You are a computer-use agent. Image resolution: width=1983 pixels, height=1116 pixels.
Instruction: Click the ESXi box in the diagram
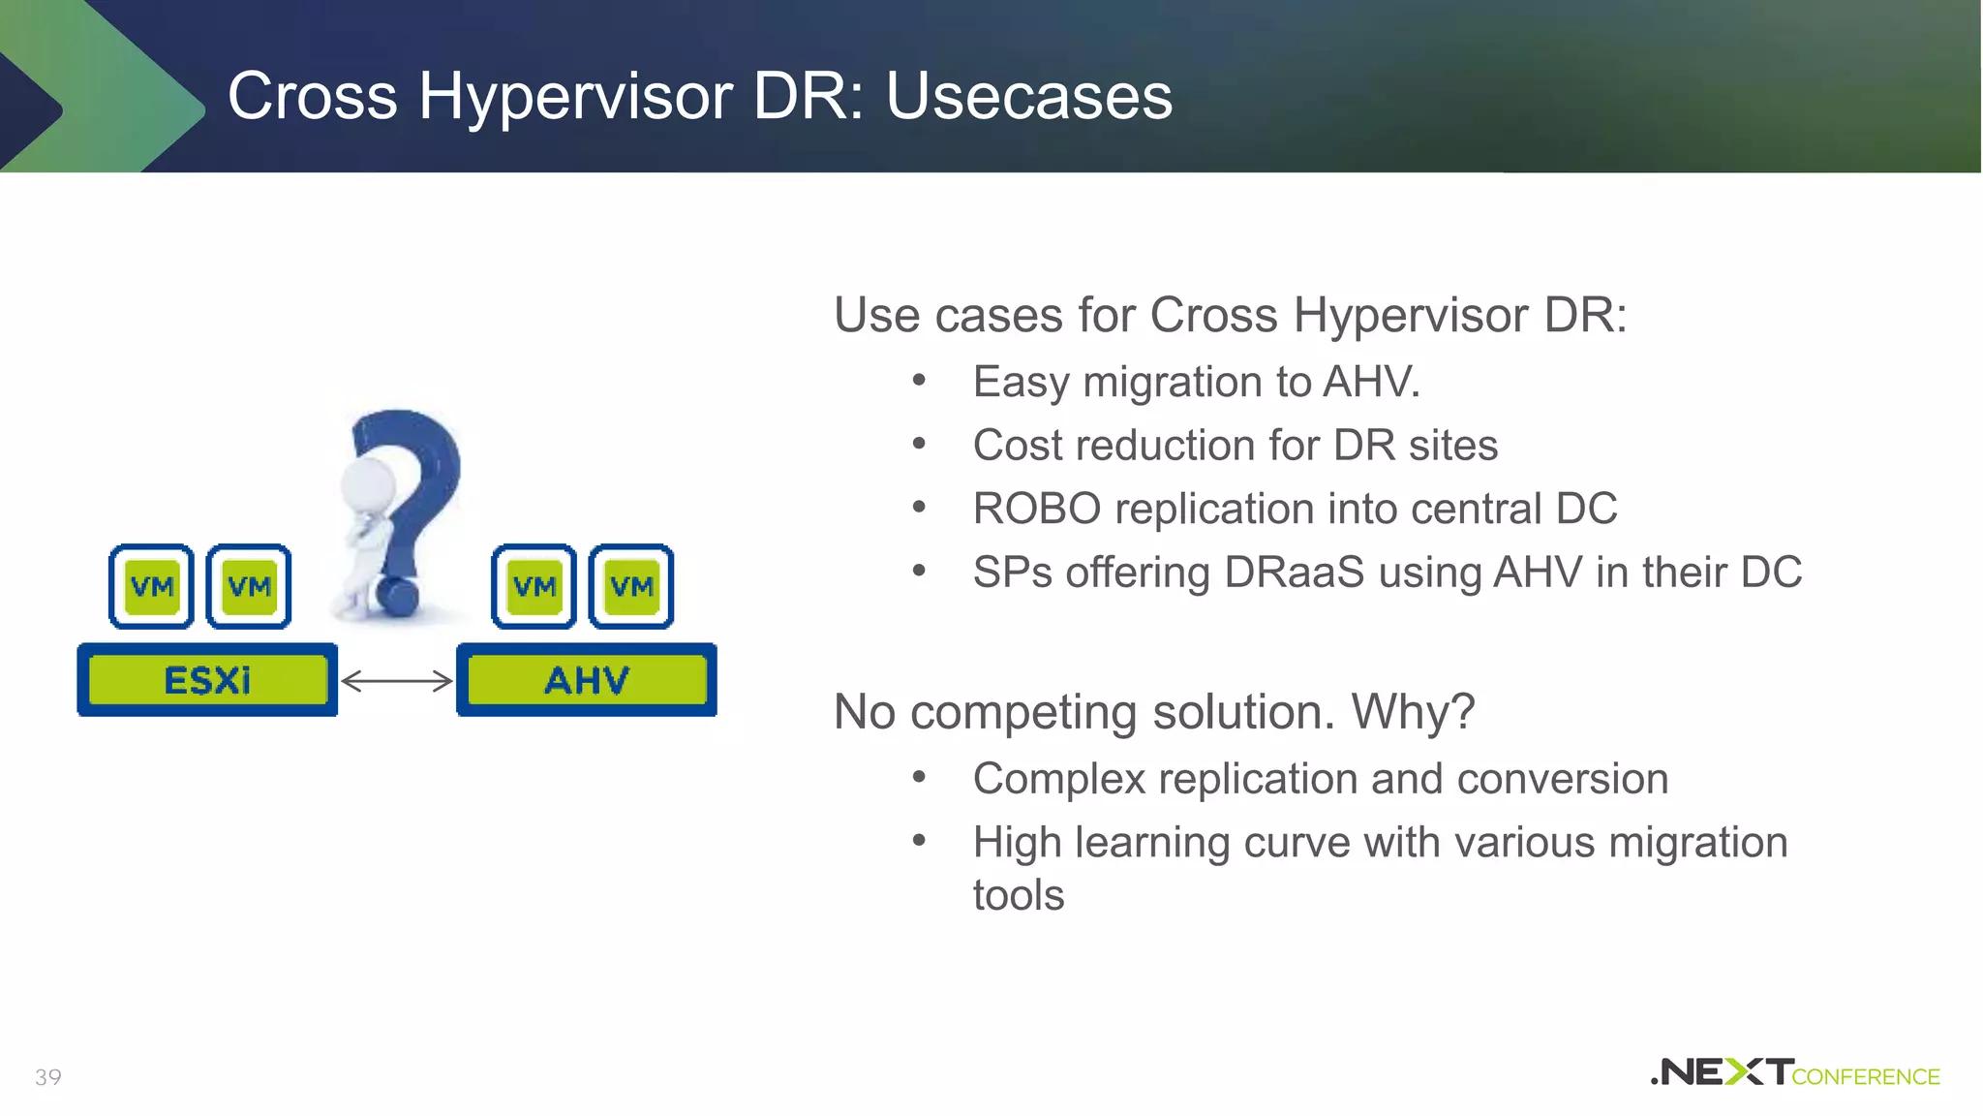pyautogui.click(x=207, y=680)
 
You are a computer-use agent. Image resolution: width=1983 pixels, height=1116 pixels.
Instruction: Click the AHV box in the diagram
pyautogui.click(x=587, y=680)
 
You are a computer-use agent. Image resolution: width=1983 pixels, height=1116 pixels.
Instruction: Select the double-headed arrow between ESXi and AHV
pyautogui.click(x=397, y=681)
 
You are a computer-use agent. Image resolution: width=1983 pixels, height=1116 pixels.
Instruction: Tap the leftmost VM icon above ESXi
pyautogui.click(x=152, y=586)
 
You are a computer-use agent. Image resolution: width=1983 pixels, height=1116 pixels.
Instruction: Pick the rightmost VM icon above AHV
pyautogui.click(x=631, y=586)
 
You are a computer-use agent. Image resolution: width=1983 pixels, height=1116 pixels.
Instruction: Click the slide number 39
pyautogui.click(x=48, y=1077)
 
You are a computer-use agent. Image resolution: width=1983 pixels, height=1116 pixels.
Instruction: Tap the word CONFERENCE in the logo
pyautogui.click(x=1866, y=1077)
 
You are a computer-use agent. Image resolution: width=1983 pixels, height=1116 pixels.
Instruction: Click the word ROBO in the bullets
pyautogui.click(x=1036, y=510)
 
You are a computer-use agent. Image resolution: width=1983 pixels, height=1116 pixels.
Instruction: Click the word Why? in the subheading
pyautogui.click(x=1413, y=712)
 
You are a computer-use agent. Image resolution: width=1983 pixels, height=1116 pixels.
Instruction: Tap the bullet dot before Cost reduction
pyautogui.click(x=919, y=445)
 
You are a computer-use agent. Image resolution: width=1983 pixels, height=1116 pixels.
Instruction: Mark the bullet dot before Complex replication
pyautogui.click(x=919, y=778)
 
